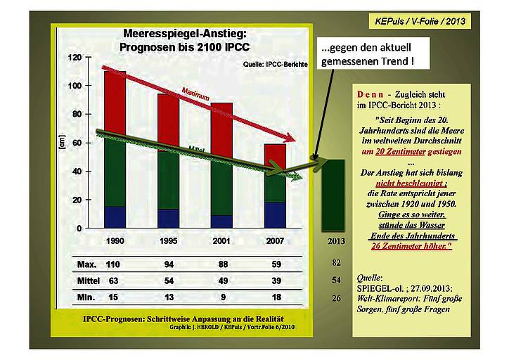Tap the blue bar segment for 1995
pos(167,219)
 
